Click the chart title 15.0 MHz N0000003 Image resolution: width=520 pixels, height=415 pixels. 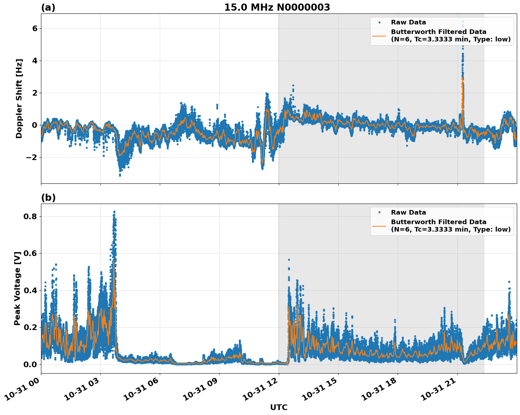(x=277, y=7)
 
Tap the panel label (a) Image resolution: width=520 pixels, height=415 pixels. (x=48, y=7)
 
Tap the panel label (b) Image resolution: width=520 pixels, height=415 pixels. (x=48, y=198)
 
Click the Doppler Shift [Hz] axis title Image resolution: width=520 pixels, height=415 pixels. (x=19, y=98)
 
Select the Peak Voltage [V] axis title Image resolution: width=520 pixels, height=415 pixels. (x=17, y=288)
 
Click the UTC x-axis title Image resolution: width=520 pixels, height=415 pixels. (x=279, y=407)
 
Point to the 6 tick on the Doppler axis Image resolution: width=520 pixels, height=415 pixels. (x=34, y=28)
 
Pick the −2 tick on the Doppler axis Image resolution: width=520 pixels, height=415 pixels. (x=31, y=157)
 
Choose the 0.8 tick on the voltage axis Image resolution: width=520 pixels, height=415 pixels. (x=31, y=216)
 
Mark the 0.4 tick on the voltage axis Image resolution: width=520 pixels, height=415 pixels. (x=31, y=290)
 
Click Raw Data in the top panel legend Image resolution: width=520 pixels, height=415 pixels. (x=408, y=22)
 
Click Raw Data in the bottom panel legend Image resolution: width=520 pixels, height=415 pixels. (x=408, y=212)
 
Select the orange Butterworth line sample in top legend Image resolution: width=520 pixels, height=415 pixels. (x=379, y=35)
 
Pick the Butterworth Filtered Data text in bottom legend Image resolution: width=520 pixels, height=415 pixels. (x=438, y=222)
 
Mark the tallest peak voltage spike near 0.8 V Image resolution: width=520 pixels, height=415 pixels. (x=114, y=211)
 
